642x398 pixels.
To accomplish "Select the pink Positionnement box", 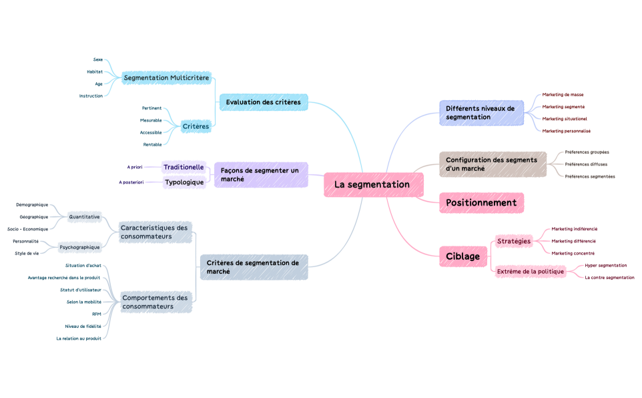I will coord(481,203).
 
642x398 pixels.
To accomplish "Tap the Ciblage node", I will coord(462,256).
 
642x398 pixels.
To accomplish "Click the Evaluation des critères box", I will coord(263,102).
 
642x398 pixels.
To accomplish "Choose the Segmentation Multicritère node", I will coord(167,78).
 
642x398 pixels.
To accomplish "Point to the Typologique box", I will coord(184,182).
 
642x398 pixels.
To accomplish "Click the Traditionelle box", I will coord(184,167).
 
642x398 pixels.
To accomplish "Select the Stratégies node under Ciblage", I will coord(514,241).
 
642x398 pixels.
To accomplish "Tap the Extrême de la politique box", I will coord(531,271).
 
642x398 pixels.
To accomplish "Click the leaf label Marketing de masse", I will coord(563,95).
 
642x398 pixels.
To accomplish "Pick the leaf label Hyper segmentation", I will coord(605,265).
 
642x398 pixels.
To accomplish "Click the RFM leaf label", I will coord(97,314).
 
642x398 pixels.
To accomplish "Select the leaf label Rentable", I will coord(152,144).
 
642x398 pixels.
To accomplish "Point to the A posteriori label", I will coord(131,182).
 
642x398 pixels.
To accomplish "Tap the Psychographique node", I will coord(80,247).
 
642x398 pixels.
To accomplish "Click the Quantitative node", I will coord(84,216).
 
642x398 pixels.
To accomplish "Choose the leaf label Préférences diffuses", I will coord(586,164).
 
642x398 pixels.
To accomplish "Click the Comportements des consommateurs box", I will coord(155,302).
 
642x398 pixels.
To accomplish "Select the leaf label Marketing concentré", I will coord(573,253).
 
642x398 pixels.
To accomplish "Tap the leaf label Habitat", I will coord(95,71).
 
